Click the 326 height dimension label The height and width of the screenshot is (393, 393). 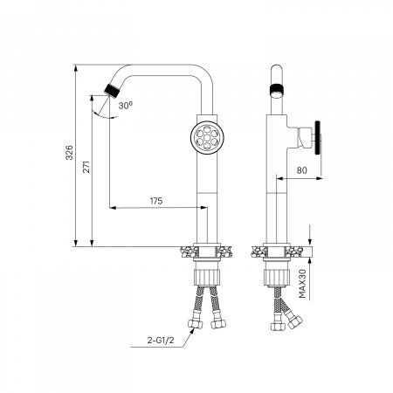pyautogui.click(x=69, y=152)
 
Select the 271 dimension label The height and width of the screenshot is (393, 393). pyautogui.click(x=86, y=167)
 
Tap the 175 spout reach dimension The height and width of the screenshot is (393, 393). pyautogui.click(x=156, y=201)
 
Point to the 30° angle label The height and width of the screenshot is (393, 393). pyautogui.click(x=126, y=105)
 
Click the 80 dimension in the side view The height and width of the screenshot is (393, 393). pyautogui.click(x=301, y=170)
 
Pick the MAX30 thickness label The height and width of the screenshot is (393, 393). pyautogui.click(x=302, y=283)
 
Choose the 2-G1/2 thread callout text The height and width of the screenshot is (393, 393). pyautogui.click(x=161, y=340)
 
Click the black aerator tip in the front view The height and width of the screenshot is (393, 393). pyautogui.click(x=112, y=90)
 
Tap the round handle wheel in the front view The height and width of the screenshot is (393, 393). pyautogui.click(x=207, y=138)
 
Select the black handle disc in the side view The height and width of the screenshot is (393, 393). pyautogui.click(x=317, y=138)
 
